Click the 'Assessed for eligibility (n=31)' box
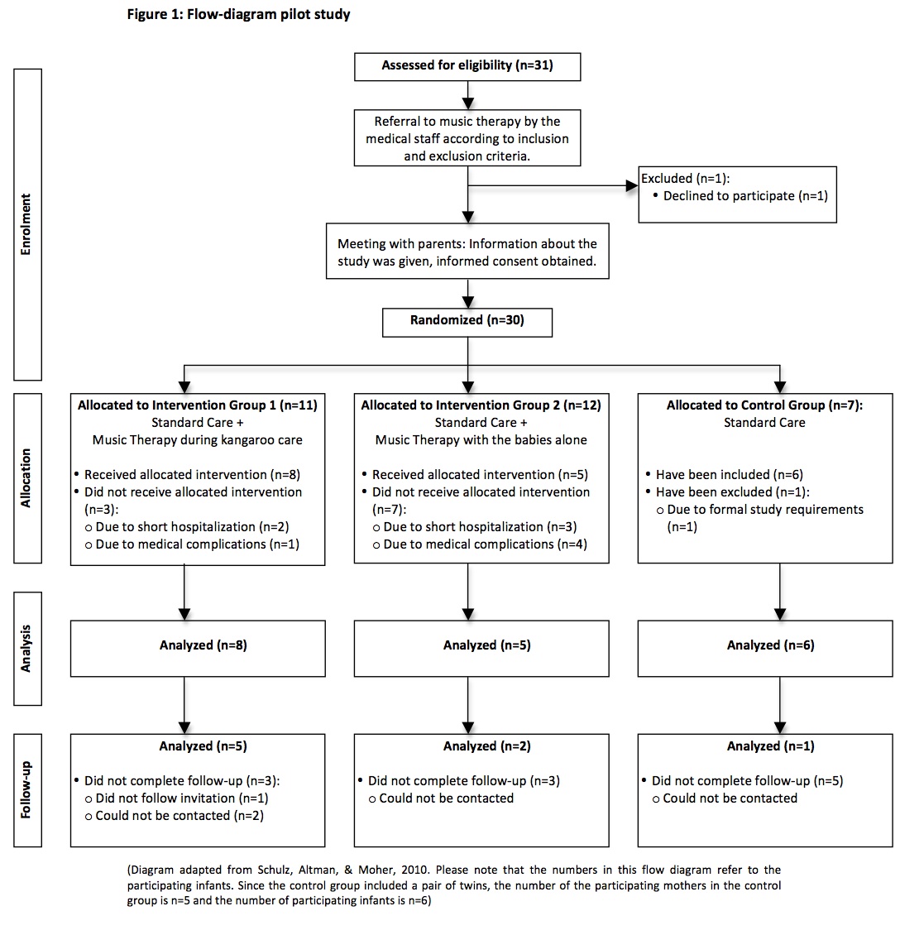pos(467,66)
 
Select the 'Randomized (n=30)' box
pos(467,320)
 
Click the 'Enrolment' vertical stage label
pos(26,223)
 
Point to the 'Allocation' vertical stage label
pos(26,478)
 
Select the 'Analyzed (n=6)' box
pos(765,645)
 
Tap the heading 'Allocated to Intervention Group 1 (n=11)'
pos(198,405)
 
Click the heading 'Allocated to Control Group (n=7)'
pos(764,405)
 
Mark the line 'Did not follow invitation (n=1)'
pos(182,798)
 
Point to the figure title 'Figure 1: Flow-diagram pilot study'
pos(238,15)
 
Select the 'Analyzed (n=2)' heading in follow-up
pos(469,746)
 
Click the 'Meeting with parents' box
pos(467,252)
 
